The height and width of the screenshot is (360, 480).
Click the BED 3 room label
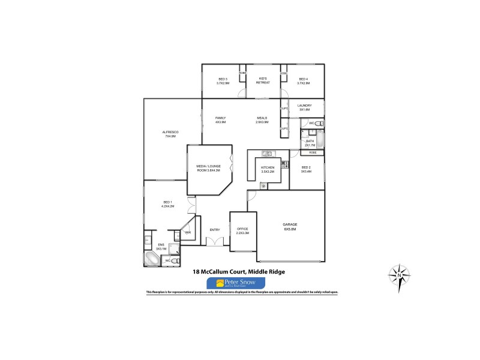click(223, 81)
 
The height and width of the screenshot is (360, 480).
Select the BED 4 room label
click(303, 81)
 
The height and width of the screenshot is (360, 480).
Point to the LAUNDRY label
click(304, 107)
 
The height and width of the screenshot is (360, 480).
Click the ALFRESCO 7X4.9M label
click(170, 134)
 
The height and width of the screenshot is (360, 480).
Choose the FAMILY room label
click(220, 119)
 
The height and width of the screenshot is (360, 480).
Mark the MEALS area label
click(262, 119)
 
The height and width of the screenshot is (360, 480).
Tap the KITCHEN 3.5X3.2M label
click(268, 169)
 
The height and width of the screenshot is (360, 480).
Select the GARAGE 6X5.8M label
click(290, 226)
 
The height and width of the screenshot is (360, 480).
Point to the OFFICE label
click(242, 231)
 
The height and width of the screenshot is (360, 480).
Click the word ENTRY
click(214, 230)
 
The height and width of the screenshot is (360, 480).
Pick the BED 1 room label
click(167, 204)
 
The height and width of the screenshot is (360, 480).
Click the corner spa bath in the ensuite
click(151, 259)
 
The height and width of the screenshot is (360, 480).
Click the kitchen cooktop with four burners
click(284, 163)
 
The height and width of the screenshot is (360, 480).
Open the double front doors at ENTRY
click(214, 241)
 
